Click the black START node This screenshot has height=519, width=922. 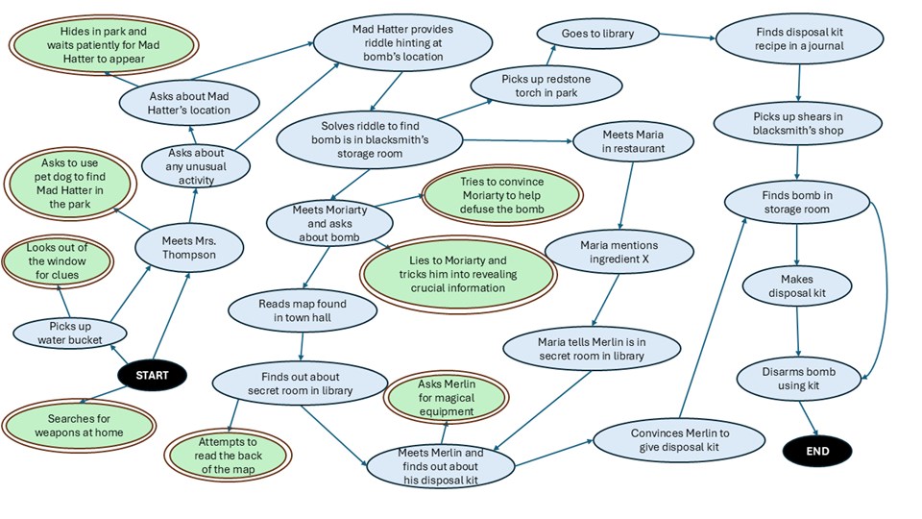pyautogui.click(x=152, y=375)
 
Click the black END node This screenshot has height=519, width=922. pyautogui.click(x=817, y=449)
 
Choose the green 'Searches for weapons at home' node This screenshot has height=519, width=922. pyautogui.click(x=79, y=425)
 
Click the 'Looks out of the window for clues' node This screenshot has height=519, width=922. pyautogui.click(x=57, y=261)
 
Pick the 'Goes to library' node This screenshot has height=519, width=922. pyautogui.click(x=597, y=35)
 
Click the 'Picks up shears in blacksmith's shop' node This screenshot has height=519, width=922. pyautogui.click(x=797, y=124)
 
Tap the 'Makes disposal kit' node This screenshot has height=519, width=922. pyautogui.click(x=796, y=286)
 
